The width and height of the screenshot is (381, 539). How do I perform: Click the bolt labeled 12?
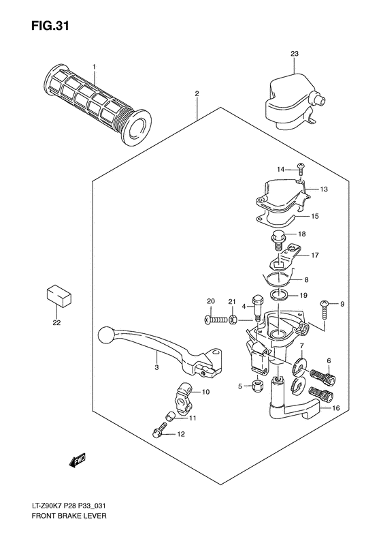[x=157, y=431]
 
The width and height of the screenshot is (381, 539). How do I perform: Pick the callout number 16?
[x=335, y=407]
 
